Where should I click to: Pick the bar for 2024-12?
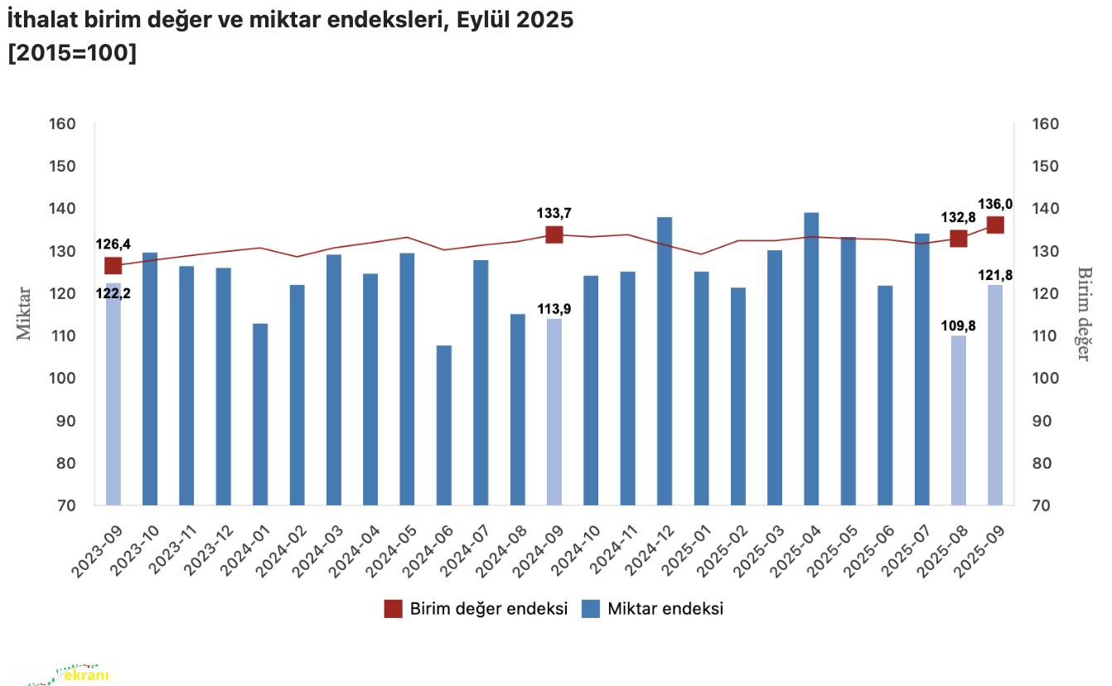[x=665, y=360]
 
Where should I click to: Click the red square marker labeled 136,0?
[x=995, y=225]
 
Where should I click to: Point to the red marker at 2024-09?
[x=554, y=234]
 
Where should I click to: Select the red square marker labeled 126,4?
[x=114, y=265]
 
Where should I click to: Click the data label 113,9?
[x=554, y=308]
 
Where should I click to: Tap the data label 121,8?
[x=995, y=275]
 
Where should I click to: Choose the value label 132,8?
[x=959, y=219]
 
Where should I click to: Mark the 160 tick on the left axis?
[x=82, y=124]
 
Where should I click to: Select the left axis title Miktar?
[x=24, y=313]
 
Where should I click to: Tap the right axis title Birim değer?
[x=1084, y=313]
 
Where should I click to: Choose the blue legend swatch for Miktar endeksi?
[x=590, y=609]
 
